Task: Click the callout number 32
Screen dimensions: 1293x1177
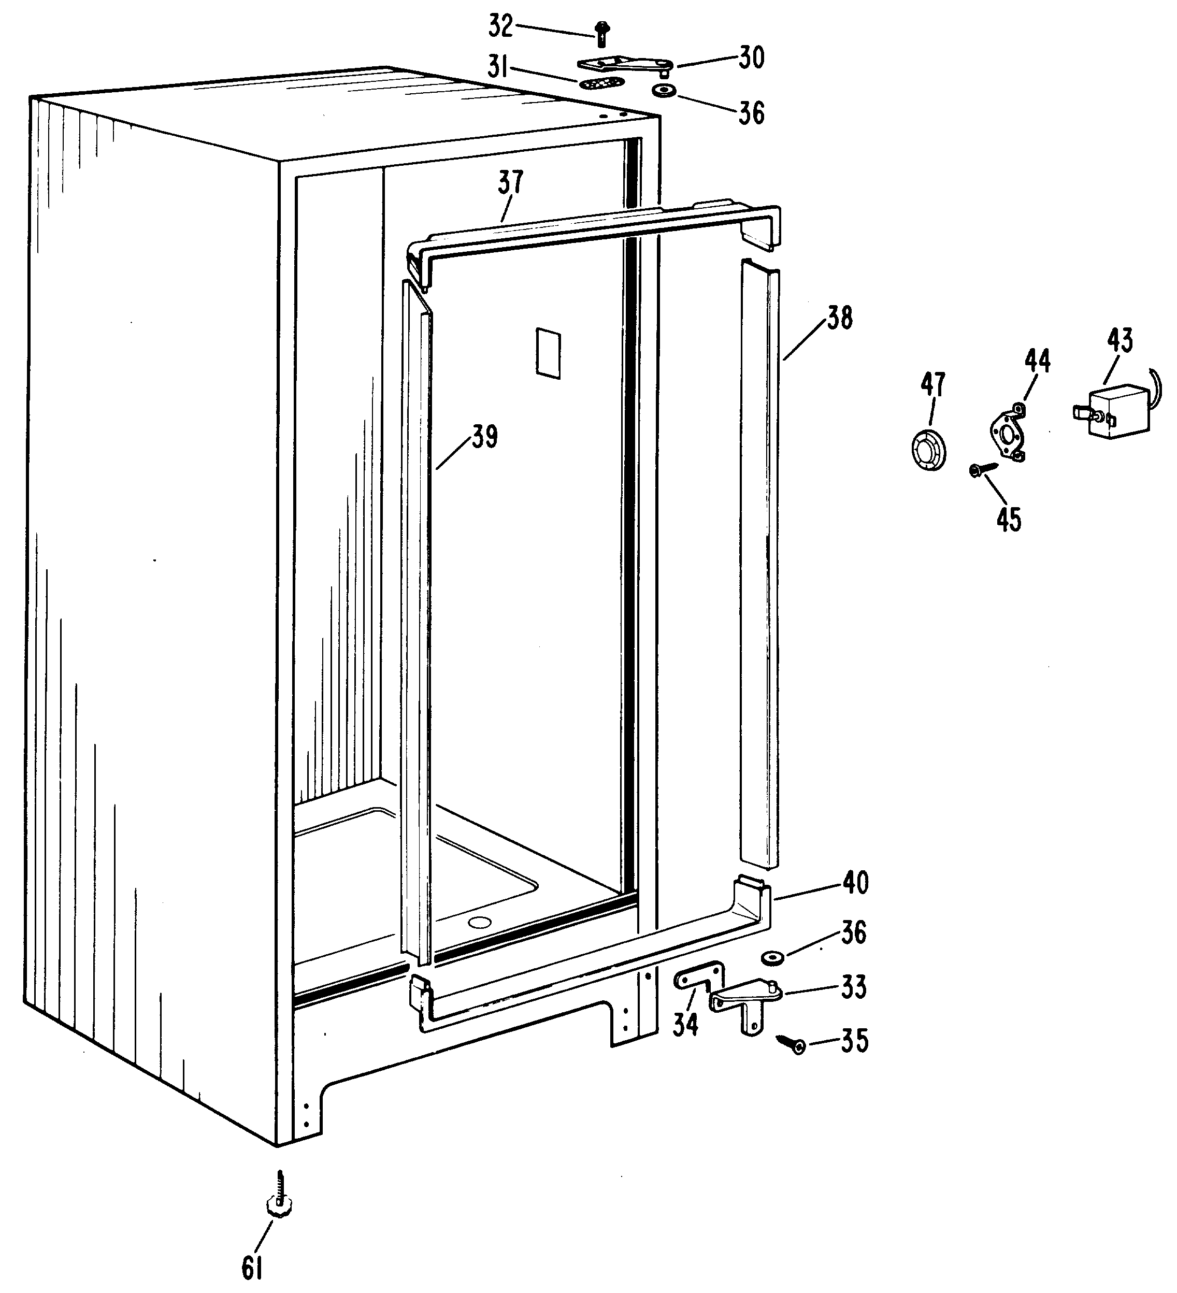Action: (501, 27)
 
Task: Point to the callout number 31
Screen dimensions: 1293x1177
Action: (498, 66)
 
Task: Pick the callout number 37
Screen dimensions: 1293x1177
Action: (511, 182)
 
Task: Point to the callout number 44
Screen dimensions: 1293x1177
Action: (1037, 361)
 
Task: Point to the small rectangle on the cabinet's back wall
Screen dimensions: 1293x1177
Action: (549, 353)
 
